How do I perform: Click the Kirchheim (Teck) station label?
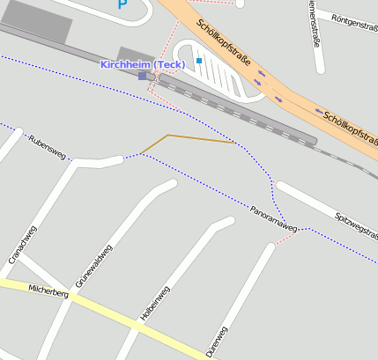141,65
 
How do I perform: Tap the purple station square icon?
143,77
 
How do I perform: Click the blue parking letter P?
122,4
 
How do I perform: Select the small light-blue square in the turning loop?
199,61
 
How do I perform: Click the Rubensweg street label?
48,147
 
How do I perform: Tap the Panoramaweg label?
273,217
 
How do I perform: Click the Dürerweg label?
216,342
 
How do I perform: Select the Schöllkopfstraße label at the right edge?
350,129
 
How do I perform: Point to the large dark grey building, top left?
35,20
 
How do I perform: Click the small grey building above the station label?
136,54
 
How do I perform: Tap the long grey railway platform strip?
238,110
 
